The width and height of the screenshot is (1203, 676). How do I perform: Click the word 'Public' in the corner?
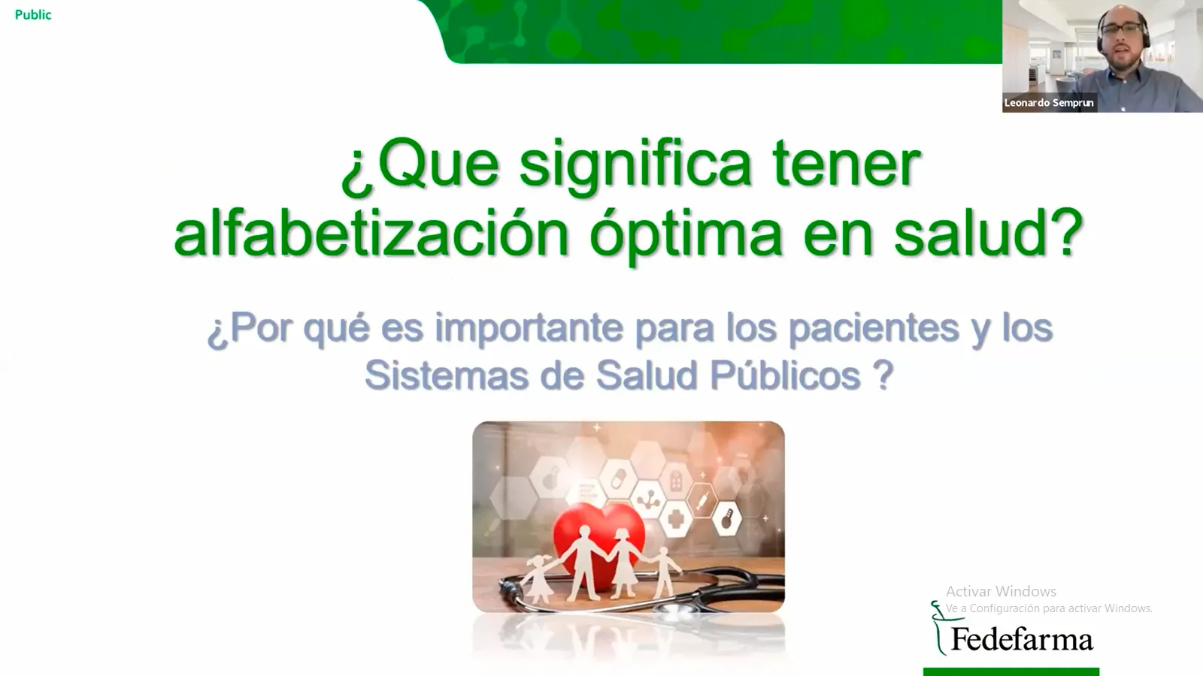click(33, 15)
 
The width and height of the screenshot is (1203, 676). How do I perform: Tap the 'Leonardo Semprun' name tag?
click(1049, 103)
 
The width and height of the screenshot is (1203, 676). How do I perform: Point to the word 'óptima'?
click(686, 234)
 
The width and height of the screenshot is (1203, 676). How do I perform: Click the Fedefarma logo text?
click(1022, 640)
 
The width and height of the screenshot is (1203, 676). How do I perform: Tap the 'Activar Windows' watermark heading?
click(1001, 592)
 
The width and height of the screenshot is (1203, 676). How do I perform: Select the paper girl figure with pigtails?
click(540, 577)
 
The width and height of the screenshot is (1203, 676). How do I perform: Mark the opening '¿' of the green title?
click(353, 168)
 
